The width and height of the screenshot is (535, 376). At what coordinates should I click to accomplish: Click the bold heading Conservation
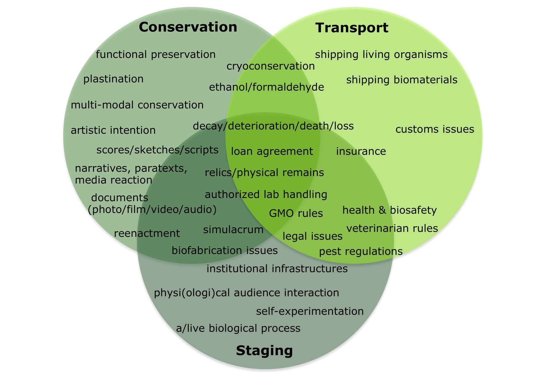[x=188, y=27]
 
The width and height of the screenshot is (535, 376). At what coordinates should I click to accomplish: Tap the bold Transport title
[x=352, y=28]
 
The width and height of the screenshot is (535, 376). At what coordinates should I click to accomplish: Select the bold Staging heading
[x=264, y=350]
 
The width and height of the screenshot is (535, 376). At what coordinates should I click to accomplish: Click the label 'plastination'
[x=113, y=79]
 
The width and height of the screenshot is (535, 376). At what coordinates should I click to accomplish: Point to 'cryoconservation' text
[x=270, y=66]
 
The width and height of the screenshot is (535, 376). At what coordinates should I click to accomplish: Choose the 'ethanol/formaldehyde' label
[x=266, y=87]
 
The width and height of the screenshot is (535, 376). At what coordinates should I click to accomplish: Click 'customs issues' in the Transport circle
[x=435, y=129]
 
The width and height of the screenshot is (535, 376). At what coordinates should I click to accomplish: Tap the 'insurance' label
[x=361, y=151]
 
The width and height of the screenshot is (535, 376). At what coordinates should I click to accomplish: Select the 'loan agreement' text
[x=272, y=151]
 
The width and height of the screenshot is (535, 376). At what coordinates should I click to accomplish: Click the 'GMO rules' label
[x=296, y=213]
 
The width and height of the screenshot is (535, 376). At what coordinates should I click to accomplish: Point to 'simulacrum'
[x=233, y=230]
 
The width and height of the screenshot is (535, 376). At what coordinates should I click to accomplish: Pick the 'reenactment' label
[x=147, y=233]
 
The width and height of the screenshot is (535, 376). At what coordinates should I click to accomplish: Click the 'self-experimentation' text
[x=310, y=311]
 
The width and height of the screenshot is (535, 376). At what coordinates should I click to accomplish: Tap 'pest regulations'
[x=361, y=252]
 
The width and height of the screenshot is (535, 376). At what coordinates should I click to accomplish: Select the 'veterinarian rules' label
[x=392, y=228]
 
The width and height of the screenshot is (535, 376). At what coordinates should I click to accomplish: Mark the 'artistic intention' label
[x=113, y=130]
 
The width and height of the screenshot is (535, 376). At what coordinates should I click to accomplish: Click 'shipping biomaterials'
[x=402, y=80]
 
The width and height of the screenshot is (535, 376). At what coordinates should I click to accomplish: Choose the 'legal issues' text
[x=312, y=236]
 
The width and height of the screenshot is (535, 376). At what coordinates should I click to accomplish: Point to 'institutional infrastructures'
[x=277, y=269]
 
